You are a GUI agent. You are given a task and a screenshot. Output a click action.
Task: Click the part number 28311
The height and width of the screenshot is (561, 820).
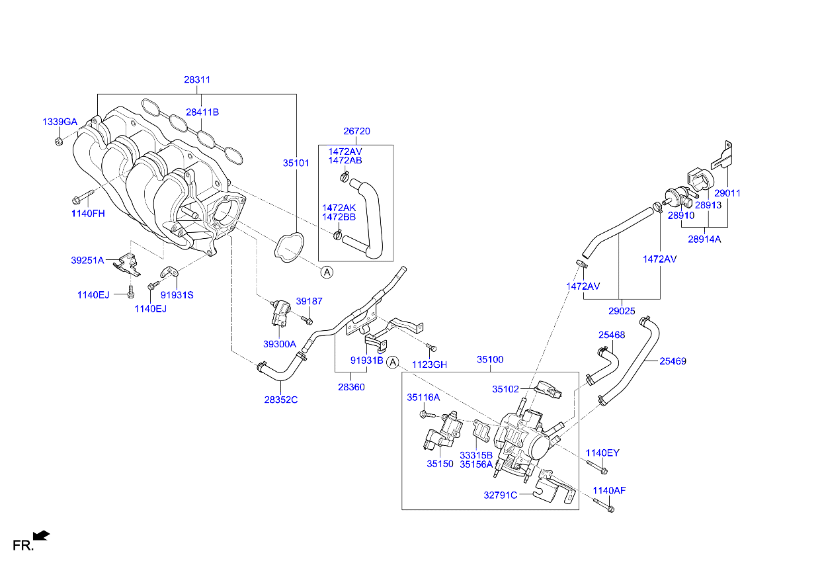coord(197,79)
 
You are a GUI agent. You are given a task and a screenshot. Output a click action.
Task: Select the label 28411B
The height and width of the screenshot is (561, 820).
coord(202,112)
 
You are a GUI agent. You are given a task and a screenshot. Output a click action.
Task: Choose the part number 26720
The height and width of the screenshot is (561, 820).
coord(356,131)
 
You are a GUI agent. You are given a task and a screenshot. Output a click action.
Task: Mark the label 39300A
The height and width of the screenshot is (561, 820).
coord(280,344)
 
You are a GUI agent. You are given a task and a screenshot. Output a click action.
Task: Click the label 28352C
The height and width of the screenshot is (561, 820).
coord(281,400)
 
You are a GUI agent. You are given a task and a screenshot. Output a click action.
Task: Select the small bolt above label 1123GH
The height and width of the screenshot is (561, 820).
coord(432,347)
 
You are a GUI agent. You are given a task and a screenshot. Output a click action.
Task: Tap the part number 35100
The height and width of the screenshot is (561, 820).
coord(490,359)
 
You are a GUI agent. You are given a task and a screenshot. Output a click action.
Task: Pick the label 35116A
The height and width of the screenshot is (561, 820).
coord(423,397)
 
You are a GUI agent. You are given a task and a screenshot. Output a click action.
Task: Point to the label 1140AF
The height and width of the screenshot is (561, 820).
coord(608,490)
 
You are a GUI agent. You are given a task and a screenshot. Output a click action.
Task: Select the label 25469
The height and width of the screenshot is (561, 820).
coord(672,361)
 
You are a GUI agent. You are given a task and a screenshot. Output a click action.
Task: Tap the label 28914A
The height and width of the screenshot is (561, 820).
coord(704,239)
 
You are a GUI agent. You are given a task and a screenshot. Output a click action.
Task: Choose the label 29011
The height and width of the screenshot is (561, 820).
coord(727,193)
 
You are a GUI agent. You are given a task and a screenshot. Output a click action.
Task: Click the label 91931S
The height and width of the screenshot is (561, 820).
coord(177,295)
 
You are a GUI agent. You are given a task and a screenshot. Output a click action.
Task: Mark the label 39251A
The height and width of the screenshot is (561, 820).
coord(87,261)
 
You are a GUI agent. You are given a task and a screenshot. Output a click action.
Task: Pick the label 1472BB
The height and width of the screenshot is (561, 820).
coord(339,217)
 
